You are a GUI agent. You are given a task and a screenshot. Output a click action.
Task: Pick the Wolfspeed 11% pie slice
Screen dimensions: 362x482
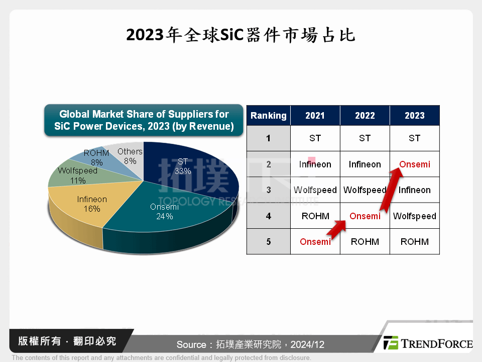click(x=75, y=173)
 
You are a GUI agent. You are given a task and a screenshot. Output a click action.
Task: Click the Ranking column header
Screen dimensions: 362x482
click(x=268, y=116)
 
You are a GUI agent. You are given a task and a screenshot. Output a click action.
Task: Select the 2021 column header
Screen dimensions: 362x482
click(x=315, y=116)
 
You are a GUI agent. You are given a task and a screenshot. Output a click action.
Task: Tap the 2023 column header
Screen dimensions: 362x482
click(x=414, y=116)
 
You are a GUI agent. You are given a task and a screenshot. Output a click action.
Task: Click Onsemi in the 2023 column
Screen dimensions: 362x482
click(x=415, y=164)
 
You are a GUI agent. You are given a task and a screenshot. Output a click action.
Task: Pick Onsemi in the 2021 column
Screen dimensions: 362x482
click(x=315, y=242)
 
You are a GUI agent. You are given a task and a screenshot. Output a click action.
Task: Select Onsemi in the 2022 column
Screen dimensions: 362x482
click(x=365, y=216)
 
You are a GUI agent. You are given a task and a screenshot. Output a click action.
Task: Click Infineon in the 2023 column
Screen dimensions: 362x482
click(x=415, y=190)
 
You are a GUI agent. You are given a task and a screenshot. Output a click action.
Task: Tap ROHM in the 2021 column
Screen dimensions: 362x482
click(x=315, y=216)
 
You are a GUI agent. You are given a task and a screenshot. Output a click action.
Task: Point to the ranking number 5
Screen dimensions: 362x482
click(x=268, y=242)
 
